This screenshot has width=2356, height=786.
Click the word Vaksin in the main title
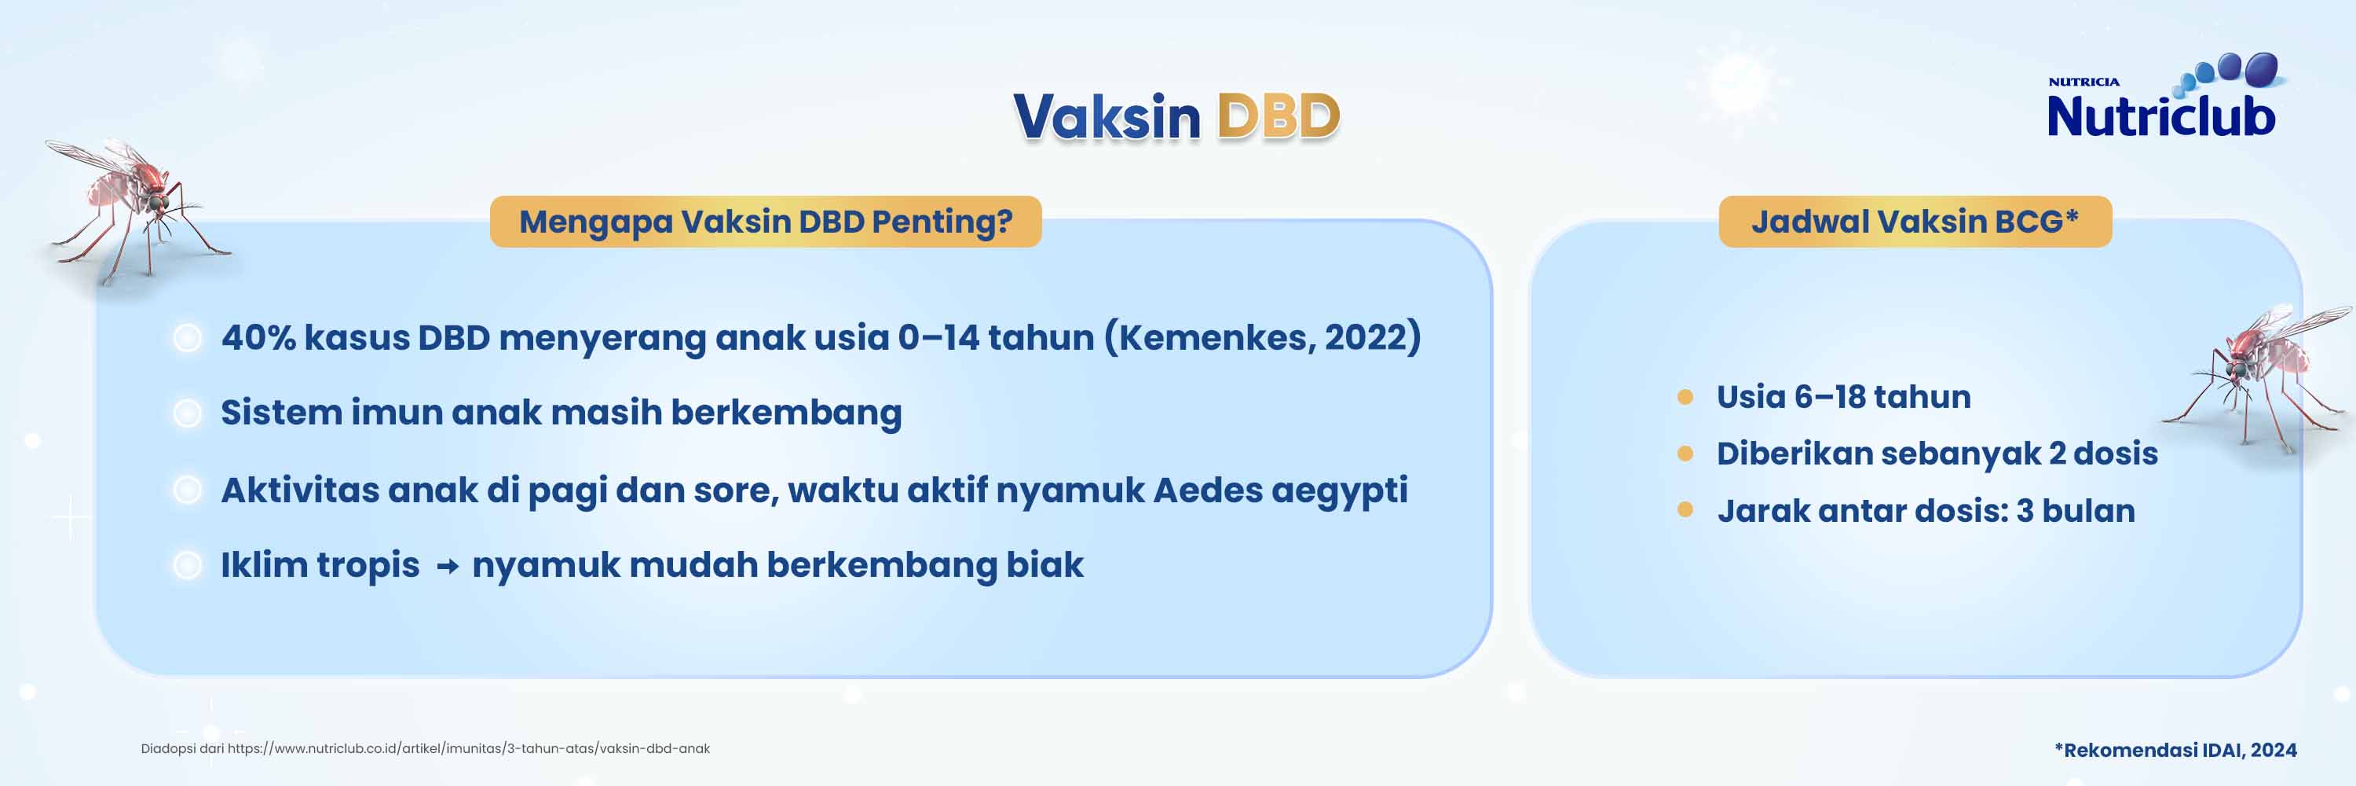(1107, 117)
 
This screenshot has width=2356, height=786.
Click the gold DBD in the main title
(1278, 117)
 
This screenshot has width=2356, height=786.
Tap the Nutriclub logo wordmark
(2160, 117)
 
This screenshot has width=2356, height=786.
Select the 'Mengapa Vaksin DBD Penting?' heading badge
(766, 222)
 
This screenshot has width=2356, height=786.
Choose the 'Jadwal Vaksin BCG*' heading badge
(1915, 222)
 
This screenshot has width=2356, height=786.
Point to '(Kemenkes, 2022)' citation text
(1262, 338)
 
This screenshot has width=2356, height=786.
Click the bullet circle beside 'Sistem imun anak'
(188, 413)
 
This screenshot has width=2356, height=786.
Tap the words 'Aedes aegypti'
(1279, 490)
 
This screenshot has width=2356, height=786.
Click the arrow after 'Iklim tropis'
(447, 567)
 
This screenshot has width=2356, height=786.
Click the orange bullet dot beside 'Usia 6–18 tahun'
(1685, 397)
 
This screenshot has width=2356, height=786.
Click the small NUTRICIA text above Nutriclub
(2083, 83)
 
